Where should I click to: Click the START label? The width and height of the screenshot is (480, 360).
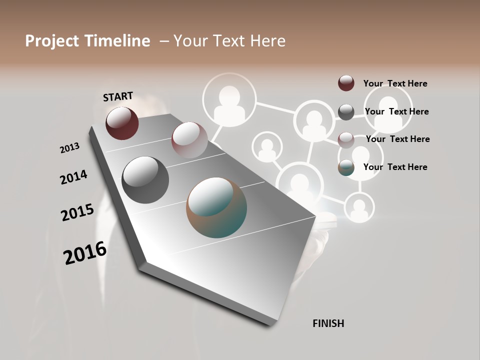[x=118, y=96]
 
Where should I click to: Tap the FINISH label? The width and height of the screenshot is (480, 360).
[x=328, y=323]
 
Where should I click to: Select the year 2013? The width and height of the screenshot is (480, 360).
[x=70, y=148]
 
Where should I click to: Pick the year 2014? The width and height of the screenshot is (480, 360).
[x=74, y=177]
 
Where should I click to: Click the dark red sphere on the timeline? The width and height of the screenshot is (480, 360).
[x=122, y=123]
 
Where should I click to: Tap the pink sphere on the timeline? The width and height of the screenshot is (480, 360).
[x=189, y=140]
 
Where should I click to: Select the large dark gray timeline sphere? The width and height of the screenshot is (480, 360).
[x=145, y=179]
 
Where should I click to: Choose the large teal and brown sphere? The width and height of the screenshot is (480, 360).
[x=216, y=207]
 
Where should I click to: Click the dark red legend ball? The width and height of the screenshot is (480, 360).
[x=346, y=83]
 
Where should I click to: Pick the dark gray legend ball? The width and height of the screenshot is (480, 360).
[x=346, y=112]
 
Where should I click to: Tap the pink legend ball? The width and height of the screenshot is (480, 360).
[x=346, y=140]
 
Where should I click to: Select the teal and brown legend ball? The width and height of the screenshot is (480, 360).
[x=346, y=168]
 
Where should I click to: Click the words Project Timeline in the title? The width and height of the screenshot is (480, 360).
[x=87, y=41]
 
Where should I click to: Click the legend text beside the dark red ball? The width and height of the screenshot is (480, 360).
[x=395, y=83]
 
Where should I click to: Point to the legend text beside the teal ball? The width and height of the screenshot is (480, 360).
[x=395, y=167]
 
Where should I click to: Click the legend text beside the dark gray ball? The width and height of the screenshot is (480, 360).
[x=396, y=111]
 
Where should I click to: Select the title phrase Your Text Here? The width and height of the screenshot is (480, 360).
[x=229, y=41]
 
